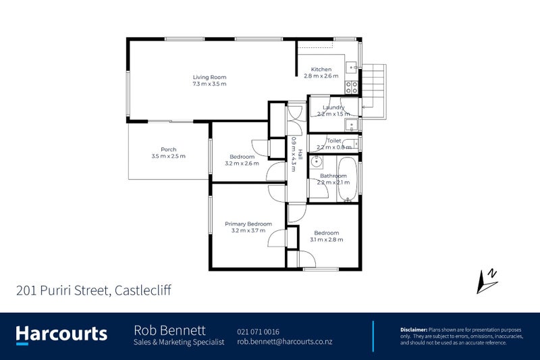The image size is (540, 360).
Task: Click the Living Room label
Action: tap(209, 77)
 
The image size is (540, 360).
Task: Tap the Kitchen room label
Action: tap(321, 70)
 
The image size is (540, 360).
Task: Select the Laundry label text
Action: tap(333, 107)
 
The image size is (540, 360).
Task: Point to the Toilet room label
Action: tap(334, 140)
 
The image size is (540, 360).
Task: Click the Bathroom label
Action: tap(333, 176)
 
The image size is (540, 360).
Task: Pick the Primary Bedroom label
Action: tap(248, 224)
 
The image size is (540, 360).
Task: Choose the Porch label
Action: tap(168, 149)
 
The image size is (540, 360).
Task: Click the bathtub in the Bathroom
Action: tap(346, 180)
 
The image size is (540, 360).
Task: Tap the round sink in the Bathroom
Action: tap(317, 162)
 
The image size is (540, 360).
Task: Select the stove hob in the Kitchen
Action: tap(352, 86)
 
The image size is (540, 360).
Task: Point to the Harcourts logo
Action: tap(61, 334)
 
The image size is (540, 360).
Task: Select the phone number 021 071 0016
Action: tap(259, 332)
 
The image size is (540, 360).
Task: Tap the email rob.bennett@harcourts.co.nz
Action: tap(284, 342)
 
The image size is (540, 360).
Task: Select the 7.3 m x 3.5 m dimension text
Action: tap(209, 84)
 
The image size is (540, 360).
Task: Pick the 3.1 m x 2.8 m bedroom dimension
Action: tap(326, 240)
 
